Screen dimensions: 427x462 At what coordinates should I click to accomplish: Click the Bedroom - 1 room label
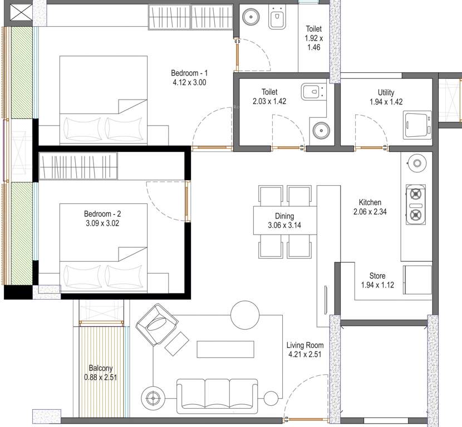point(189,73)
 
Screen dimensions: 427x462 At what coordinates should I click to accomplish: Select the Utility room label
point(386,92)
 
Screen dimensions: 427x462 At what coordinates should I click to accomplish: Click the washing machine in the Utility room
point(416,124)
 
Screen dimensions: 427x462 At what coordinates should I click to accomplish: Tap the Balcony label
point(101,368)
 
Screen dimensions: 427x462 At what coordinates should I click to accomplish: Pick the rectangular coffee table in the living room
point(225,349)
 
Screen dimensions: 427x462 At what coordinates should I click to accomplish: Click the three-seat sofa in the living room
point(217,395)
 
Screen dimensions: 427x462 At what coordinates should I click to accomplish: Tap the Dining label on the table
point(284,216)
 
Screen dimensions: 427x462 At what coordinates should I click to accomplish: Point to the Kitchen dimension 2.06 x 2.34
point(370,211)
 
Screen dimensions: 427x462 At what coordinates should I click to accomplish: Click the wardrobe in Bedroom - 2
point(78,166)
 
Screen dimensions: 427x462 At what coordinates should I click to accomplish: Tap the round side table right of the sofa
point(271,398)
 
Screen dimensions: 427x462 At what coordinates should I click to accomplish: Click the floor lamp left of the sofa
point(153,398)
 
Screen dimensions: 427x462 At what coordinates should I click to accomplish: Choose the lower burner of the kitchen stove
point(415,215)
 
